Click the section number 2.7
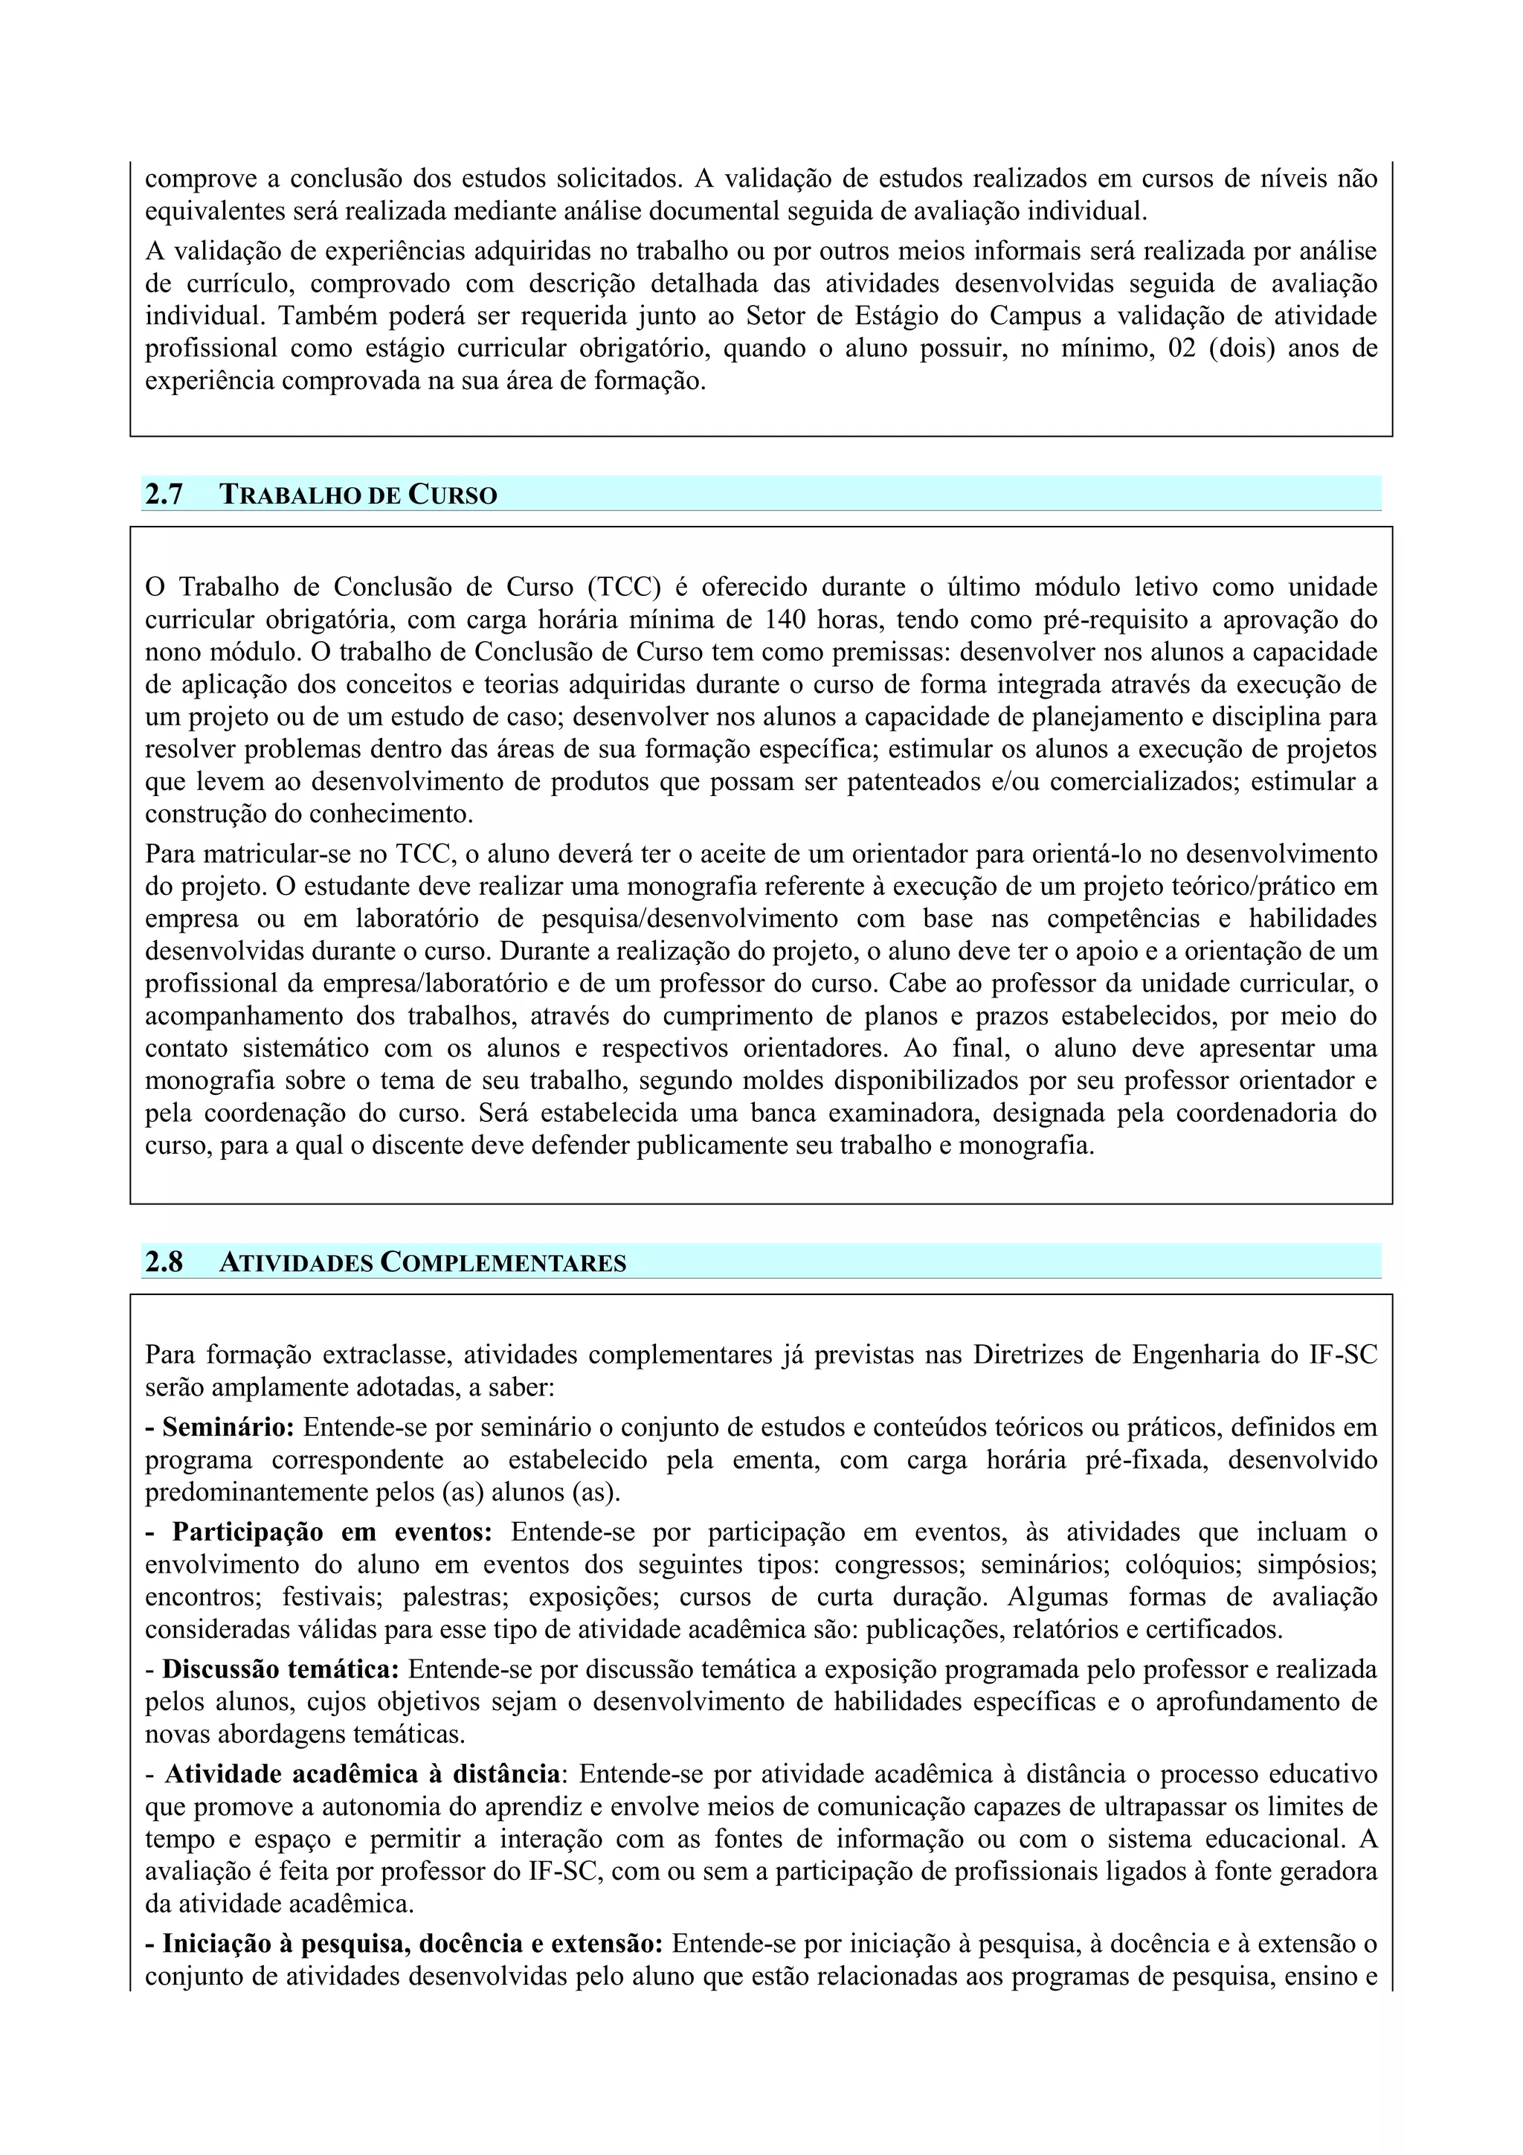tap(164, 495)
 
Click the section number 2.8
tap(164, 1262)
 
